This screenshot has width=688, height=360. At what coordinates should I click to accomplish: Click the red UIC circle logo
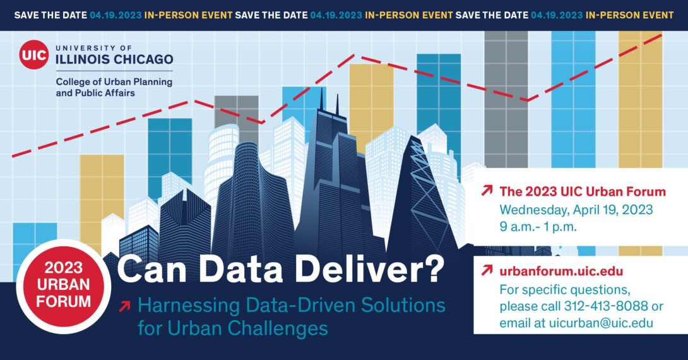34,54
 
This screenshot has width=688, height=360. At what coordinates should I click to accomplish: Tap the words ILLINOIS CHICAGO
114,59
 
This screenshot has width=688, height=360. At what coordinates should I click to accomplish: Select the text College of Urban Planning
114,81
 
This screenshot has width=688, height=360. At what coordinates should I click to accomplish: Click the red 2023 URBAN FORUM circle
64,285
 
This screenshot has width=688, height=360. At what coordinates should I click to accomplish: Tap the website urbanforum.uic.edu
561,271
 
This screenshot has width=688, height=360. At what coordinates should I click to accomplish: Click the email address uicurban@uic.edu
601,323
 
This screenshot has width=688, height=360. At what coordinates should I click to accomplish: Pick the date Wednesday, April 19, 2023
576,210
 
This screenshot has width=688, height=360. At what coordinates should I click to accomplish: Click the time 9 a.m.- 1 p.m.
538,227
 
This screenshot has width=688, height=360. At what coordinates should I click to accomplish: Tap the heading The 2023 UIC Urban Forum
583,191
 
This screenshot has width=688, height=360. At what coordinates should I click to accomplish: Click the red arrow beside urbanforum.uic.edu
487,270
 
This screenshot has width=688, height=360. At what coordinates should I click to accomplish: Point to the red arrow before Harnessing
124,306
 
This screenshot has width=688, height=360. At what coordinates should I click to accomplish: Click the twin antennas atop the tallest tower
329,100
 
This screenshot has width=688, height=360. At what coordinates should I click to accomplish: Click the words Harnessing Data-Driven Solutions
292,305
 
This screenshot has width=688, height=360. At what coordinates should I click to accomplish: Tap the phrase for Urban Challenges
233,328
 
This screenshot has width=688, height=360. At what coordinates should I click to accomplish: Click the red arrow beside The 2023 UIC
487,191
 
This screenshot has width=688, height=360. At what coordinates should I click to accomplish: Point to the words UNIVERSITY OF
94,47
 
